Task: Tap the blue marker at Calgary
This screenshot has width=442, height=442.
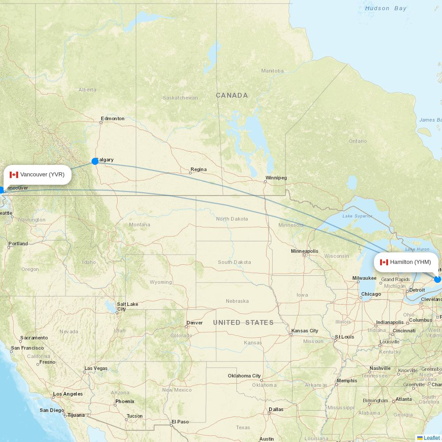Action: point(95,161)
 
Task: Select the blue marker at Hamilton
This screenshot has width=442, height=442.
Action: point(438,279)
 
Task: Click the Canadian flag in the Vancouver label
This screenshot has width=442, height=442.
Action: point(14,175)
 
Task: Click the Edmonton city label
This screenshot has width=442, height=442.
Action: point(112,118)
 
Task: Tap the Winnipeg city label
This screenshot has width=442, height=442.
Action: point(276,178)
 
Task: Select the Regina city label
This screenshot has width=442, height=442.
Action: point(198,169)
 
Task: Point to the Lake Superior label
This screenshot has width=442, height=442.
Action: point(357,216)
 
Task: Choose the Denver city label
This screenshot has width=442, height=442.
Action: point(194,323)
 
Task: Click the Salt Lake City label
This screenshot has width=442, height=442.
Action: point(127,306)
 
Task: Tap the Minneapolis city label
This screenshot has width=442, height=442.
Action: point(304,251)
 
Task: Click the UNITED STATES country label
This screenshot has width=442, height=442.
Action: point(243,323)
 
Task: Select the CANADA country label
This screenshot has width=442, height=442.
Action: point(232,95)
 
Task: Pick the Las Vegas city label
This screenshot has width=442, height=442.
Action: point(96,368)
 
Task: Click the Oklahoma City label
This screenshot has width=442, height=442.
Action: point(244,376)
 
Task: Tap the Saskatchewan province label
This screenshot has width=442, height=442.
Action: point(180,98)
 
